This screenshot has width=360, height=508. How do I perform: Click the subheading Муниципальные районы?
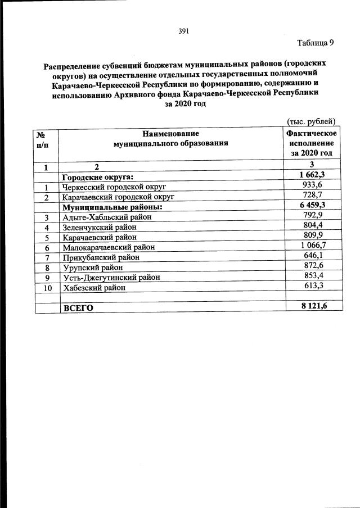pos(112,207)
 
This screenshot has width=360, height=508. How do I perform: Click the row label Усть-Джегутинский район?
pos(111,278)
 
